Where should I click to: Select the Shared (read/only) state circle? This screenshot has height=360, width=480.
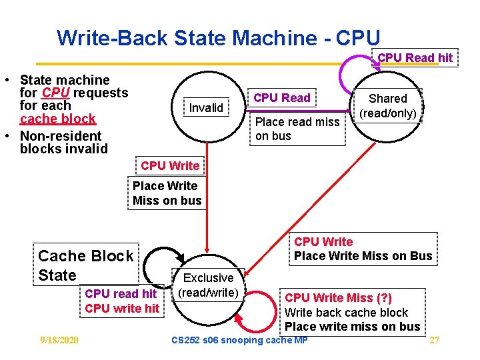pyautogui.click(x=388, y=107)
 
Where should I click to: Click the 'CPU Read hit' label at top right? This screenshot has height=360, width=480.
pyautogui.click(x=415, y=58)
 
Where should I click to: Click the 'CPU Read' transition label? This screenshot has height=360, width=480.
pyautogui.click(x=282, y=98)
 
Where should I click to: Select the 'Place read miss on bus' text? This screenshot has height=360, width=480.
pyautogui.click(x=297, y=129)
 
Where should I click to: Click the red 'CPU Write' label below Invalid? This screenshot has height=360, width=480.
pyautogui.click(x=170, y=165)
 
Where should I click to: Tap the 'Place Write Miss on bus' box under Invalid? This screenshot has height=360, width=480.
pyautogui.click(x=167, y=193)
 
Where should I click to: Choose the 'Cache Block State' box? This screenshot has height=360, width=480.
pyautogui.click(x=86, y=265)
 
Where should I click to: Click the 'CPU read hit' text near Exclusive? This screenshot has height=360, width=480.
pyautogui.click(x=121, y=293)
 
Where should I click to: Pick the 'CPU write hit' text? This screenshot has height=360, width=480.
pyautogui.click(x=122, y=308)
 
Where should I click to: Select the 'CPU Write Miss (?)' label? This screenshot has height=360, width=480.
pyautogui.click(x=339, y=298)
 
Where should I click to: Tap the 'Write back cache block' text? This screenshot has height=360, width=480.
pyautogui.click(x=346, y=312)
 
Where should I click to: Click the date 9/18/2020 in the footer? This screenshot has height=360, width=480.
pyautogui.click(x=59, y=341)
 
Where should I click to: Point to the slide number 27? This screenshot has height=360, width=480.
pyautogui.click(x=434, y=341)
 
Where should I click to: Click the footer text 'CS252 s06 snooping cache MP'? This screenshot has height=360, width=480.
pyautogui.click(x=239, y=341)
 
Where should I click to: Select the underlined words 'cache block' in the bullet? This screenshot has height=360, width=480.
pyautogui.click(x=58, y=119)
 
